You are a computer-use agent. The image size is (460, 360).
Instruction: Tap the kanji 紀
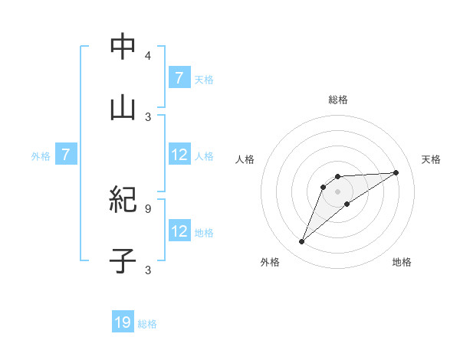(123, 201)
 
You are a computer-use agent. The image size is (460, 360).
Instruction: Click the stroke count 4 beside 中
(148, 56)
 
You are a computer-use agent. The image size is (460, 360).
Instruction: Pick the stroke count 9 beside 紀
(148, 208)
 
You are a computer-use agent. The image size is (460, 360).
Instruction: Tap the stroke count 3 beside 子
(148, 269)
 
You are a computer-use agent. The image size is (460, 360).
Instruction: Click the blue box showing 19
(123, 323)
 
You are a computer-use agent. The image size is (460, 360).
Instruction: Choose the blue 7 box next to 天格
(179, 78)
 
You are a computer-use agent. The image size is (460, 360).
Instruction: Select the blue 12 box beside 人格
(179, 155)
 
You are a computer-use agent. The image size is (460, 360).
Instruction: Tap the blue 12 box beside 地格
(179, 232)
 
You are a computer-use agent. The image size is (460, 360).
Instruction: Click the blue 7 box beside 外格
(66, 155)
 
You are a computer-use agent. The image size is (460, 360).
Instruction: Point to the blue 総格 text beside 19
(147, 324)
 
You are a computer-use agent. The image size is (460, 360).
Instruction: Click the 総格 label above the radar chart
(338, 100)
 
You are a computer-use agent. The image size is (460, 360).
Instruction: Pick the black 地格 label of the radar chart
(402, 262)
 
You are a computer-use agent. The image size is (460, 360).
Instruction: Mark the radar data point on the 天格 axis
(396, 172)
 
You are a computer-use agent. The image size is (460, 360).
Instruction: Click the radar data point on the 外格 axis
(301, 242)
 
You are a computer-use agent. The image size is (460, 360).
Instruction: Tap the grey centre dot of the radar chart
(337, 191)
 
